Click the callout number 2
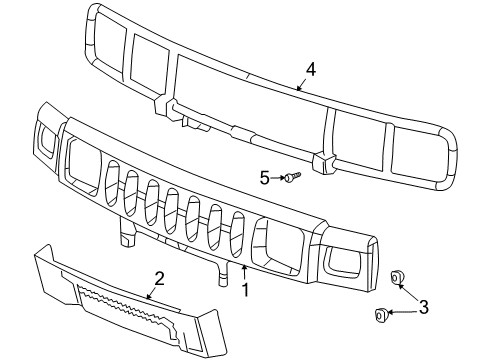[157, 278]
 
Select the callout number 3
[422, 308]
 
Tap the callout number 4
[310, 70]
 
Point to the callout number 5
[265, 178]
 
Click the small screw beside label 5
[290, 179]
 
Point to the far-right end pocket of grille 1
[351, 265]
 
